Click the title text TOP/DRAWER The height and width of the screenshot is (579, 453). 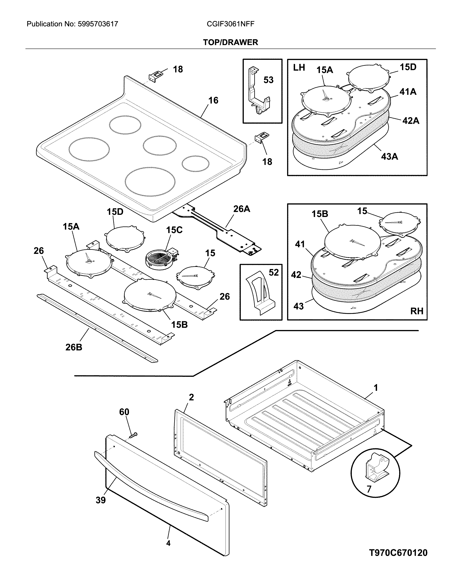point(230,42)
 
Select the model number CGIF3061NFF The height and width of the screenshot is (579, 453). point(230,24)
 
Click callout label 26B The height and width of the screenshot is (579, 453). point(74,347)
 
